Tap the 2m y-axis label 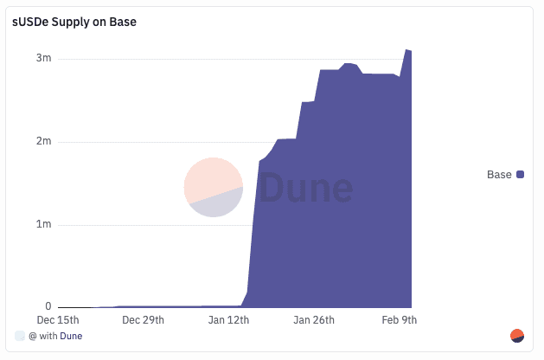pos(43,141)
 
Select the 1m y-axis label pos(43,224)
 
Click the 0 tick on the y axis pos(48,306)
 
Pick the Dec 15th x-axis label pos(59,320)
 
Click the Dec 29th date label pos(143,320)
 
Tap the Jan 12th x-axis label pos(228,320)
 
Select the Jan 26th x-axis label pos(314,320)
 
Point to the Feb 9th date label pos(400,320)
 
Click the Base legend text pos(499,175)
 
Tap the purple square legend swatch pos(521,175)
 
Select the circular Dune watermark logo pos(214,188)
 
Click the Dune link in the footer pos(71,336)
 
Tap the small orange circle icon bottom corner pos(518,336)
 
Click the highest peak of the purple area pos(406,50)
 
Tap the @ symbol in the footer pos(32,336)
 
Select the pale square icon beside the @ pos(20,336)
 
